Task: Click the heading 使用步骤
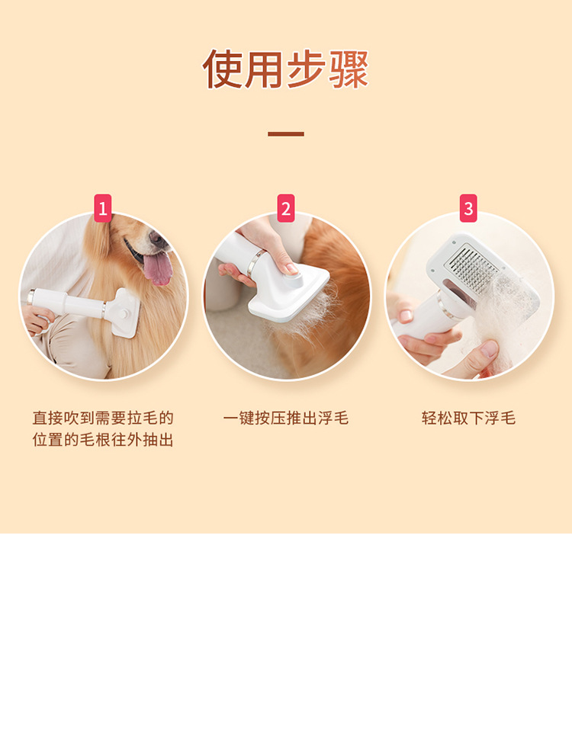click(286, 69)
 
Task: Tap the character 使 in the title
click(223, 69)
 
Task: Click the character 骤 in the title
click(349, 69)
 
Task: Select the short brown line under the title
click(286, 134)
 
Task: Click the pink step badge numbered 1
click(103, 207)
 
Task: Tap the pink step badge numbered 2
click(286, 207)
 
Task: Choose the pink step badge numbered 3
click(468, 207)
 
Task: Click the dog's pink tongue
click(159, 269)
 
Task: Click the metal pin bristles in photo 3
click(473, 266)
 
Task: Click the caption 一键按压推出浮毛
click(286, 418)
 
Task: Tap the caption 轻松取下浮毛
click(468, 418)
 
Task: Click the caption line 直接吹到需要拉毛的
click(103, 418)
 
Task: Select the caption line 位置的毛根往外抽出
click(103, 441)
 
